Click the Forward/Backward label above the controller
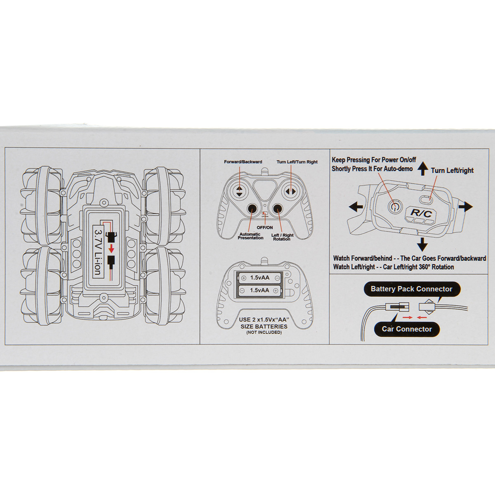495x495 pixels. (x=243, y=162)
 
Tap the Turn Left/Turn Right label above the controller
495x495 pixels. (x=297, y=162)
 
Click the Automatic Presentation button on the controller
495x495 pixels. (x=252, y=209)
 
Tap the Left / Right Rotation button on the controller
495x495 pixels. (x=277, y=209)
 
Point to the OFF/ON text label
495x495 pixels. (x=265, y=228)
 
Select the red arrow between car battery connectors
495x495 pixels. (x=111, y=248)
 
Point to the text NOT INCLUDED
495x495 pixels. (x=264, y=332)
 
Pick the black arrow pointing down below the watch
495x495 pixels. (x=422, y=245)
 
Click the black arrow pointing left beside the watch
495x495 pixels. (x=356, y=207)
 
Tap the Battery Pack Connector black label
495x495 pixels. (x=412, y=289)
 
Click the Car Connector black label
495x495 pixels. (x=407, y=329)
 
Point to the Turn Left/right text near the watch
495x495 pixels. (x=452, y=170)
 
